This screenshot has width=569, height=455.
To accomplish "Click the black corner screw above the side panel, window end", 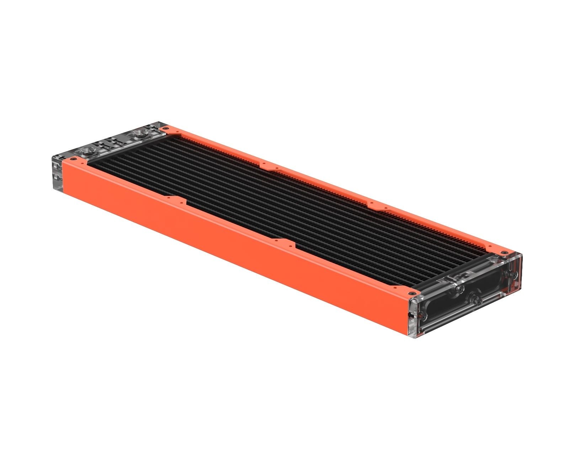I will tap(412, 294).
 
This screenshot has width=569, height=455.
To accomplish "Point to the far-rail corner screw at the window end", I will tap(503, 252).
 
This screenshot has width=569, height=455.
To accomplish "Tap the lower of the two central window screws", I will tap(478, 301).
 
